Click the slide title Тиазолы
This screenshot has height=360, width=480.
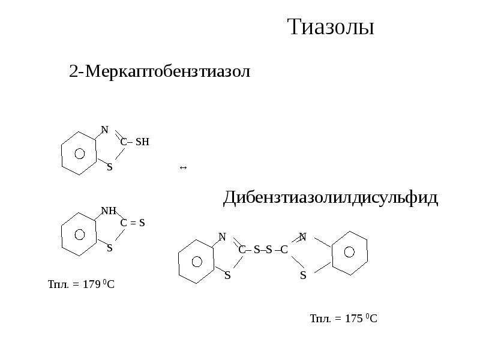click(331, 26)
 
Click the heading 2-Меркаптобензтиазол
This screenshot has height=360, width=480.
click(160, 71)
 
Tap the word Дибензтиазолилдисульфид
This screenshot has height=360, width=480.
click(331, 198)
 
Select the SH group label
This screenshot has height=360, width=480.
click(142, 142)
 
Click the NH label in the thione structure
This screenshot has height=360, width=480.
click(109, 211)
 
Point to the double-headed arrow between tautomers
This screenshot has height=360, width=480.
click(183, 167)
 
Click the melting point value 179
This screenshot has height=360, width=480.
click(92, 284)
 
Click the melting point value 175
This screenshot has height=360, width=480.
click(354, 319)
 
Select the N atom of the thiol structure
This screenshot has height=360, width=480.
click(104, 130)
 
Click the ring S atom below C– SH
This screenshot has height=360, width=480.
click(110, 167)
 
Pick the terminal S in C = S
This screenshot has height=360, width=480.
click(142, 223)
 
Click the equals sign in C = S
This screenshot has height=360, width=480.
click(133, 223)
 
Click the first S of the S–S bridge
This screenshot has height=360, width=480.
click(257, 250)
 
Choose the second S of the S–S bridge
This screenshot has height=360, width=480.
click(269, 250)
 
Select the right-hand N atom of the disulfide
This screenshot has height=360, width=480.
click(302, 236)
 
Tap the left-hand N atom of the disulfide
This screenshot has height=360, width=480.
click(222, 236)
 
